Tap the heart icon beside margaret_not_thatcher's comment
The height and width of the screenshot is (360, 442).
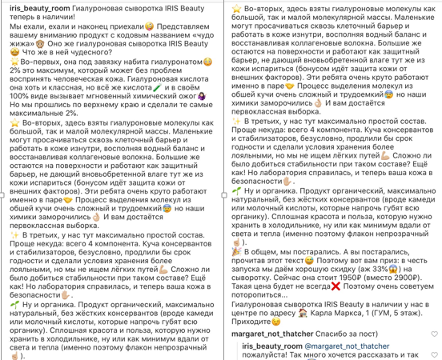[432, 331]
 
